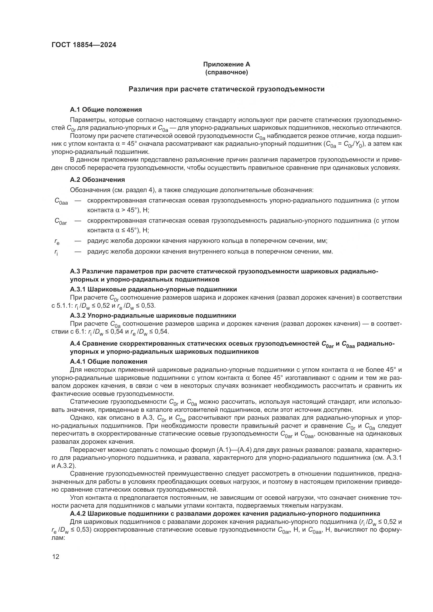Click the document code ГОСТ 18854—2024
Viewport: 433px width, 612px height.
pos(84,45)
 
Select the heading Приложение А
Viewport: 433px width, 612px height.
pos(226,64)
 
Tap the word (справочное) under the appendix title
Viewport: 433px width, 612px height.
pos(226,72)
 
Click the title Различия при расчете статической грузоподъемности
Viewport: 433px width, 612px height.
pos(226,89)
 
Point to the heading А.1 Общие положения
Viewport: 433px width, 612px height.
pos(106,110)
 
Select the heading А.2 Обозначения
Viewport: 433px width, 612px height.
pos(97,180)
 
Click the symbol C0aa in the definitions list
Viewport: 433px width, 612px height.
pos(61,201)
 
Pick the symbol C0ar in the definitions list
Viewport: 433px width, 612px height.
pos(61,222)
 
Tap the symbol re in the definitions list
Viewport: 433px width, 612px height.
pos(57,242)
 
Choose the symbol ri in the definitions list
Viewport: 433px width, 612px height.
pos(56,252)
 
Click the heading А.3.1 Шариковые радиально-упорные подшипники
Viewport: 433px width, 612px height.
pos(153,289)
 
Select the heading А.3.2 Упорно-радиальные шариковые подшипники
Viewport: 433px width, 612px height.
pos(153,316)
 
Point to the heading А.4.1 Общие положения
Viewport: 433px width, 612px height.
pos(109,361)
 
